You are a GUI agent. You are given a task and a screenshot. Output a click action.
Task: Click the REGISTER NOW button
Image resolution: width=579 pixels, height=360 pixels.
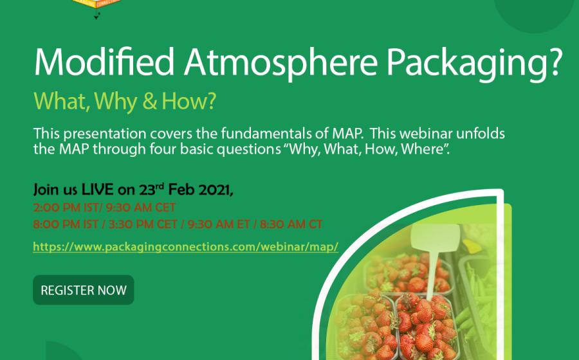pyautogui.click(x=84, y=290)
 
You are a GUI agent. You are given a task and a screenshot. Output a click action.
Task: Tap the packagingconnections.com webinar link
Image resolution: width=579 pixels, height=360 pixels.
pyautogui.click(x=186, y=246)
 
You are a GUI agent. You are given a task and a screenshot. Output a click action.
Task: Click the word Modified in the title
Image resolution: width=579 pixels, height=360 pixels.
pyautogui.click(x=104, y=61)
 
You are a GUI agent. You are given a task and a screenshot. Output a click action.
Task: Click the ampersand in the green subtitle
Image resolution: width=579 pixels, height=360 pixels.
pyautogui.click(x=149, y=102)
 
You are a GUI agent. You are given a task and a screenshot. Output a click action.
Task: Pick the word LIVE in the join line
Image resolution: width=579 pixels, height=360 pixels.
pyautogui.click(x=98, y=190)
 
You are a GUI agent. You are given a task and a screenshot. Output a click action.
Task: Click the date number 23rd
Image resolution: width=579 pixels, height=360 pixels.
pyautogui.click(x=151, y=190)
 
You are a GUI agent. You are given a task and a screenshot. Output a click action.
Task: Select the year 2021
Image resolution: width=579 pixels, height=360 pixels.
pyautogui.click(x=216, y=190)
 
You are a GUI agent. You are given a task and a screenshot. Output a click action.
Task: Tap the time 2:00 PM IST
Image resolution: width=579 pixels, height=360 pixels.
pyautogui.click(x=66, y=207)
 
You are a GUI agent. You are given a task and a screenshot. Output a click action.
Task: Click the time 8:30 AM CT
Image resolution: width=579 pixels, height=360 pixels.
pyautogui.click(x=291, y=224)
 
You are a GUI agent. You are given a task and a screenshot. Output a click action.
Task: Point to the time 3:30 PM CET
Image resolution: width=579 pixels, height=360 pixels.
pyautogui.click(x=143, y=224)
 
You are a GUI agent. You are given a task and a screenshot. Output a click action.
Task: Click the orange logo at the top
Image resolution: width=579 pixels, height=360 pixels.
pyautogui.click(x=96, y=4)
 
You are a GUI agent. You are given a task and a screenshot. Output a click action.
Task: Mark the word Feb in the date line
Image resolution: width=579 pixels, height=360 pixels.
pyautogui.click(x=181, y=190)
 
